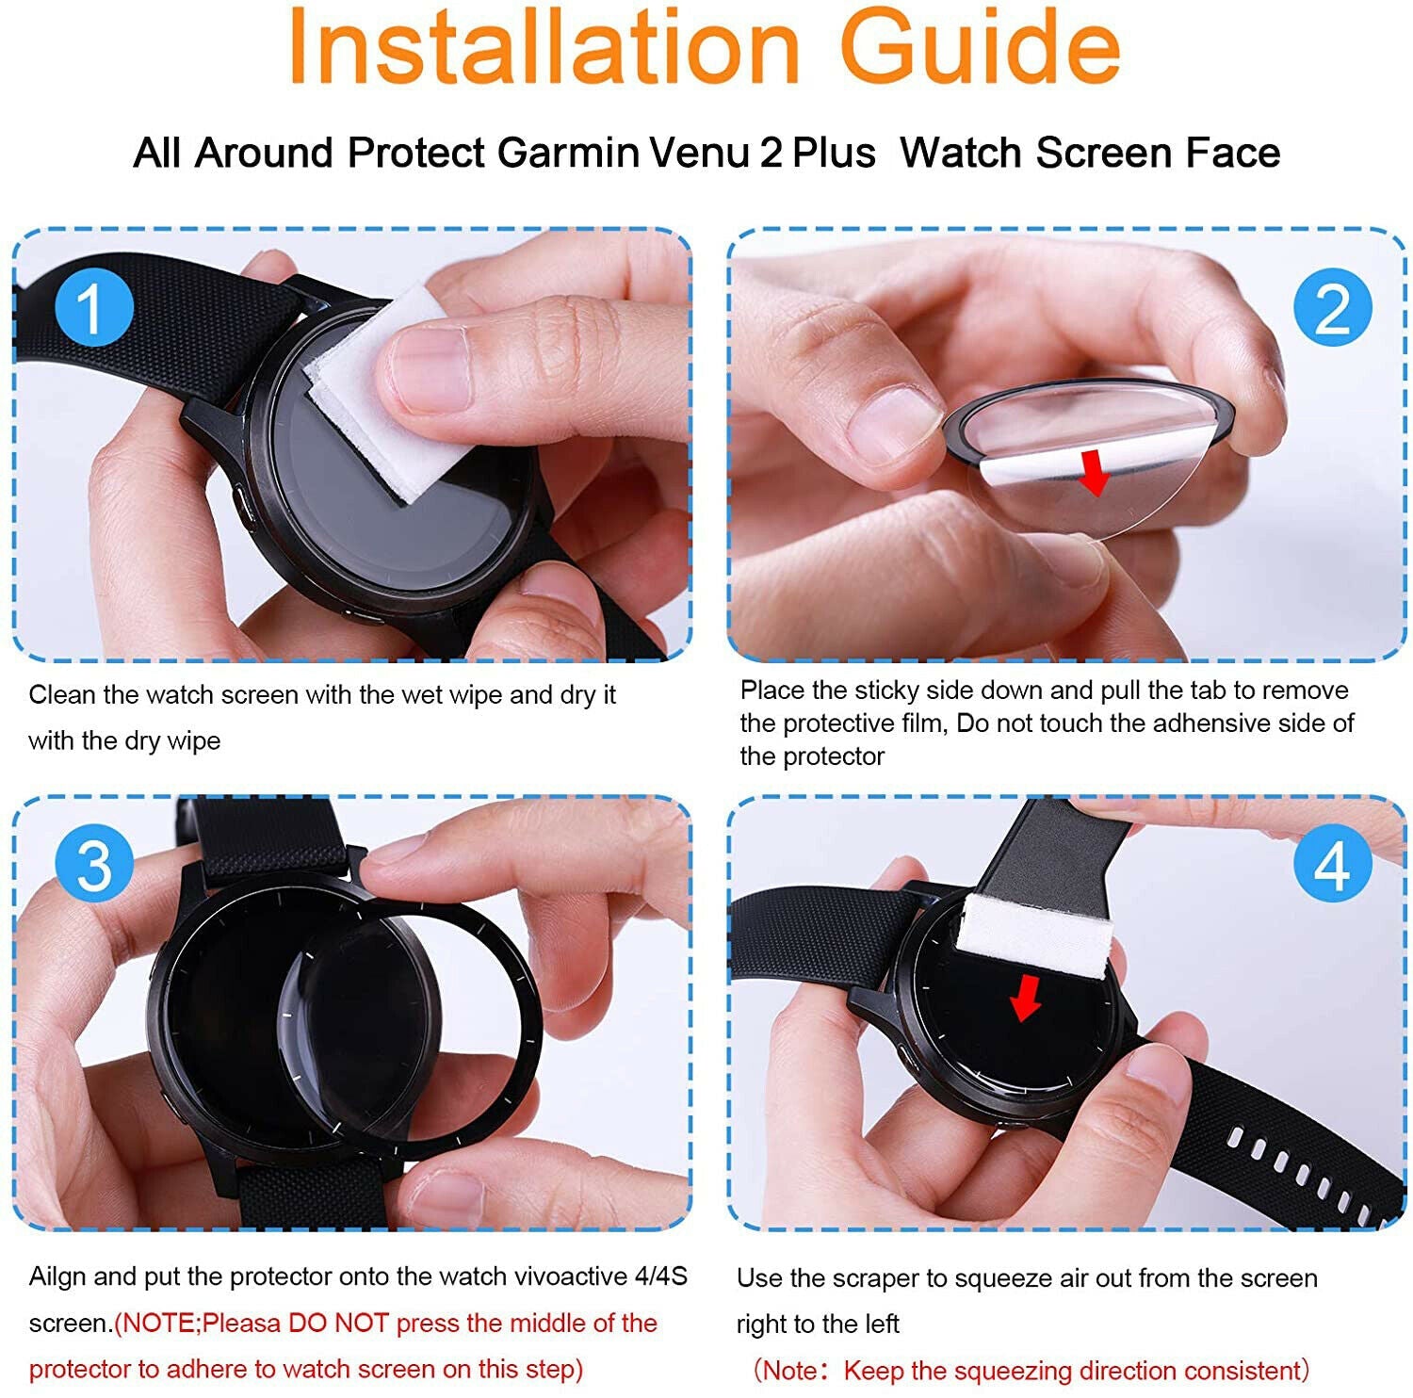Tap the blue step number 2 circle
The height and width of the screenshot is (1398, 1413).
tap(1332, 307)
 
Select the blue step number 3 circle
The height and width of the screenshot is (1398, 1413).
tap(94, 864)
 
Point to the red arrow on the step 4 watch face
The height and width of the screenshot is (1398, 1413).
tap(1025, 998)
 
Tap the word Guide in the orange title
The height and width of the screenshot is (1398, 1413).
tap(980, 47)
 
